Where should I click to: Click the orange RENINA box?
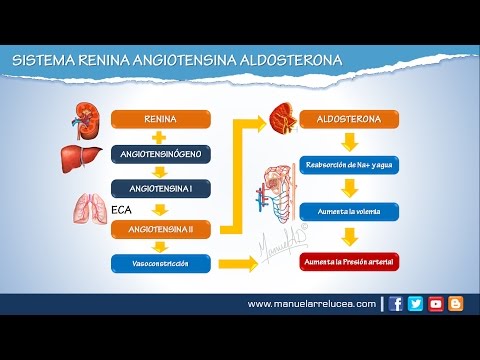[x=160, y=119]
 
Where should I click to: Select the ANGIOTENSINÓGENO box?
[x=160, y=155]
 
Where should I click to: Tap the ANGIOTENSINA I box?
[x=160, y=187]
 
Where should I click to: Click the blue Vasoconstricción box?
[x=160, y=263]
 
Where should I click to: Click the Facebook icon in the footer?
[x=396, y=304]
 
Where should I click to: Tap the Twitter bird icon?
[x=416, y=304]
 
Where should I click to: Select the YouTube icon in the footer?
[x=436, y=304]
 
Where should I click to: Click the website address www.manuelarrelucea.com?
[x=311, y=304]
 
